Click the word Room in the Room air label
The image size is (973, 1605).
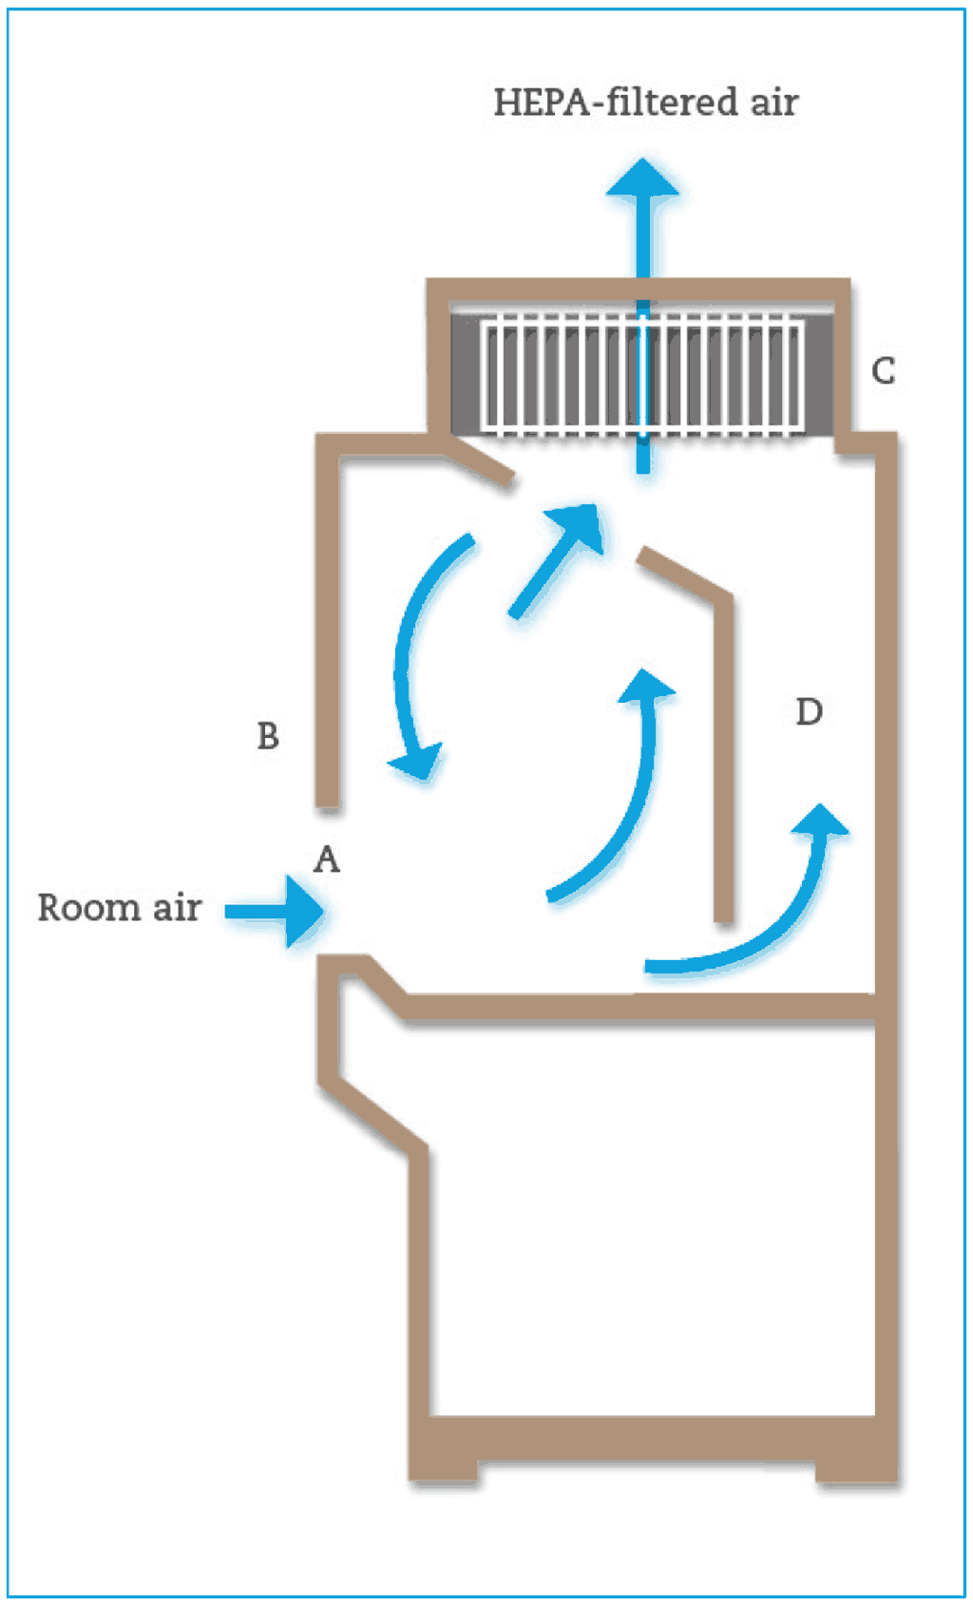[x=87, y=908]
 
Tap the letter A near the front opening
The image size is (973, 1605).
[x=327, y=859]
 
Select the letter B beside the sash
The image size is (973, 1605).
[x=268, y=736]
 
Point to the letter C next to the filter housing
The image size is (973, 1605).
[x=884, y=370]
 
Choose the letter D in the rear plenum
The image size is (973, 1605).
[x=809, y=711]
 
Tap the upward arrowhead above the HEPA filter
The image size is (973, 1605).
[x=644, y=179]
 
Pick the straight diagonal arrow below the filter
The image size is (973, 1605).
[x=556, y=560]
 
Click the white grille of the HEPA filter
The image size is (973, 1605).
[x=642, y=376]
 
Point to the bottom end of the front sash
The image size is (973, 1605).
[x=328, y=802]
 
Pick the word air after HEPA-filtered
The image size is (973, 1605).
[x=774, y=103]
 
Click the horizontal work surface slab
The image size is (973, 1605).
[x=637, y=1008]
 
